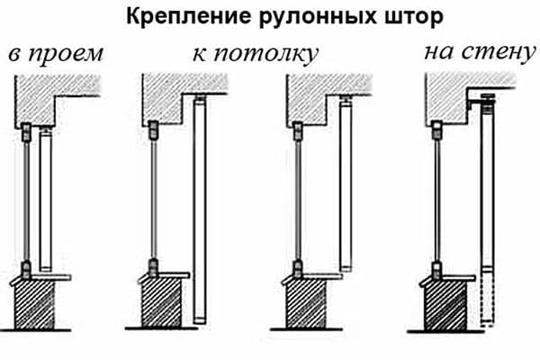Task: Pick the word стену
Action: (x=495, y=52)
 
